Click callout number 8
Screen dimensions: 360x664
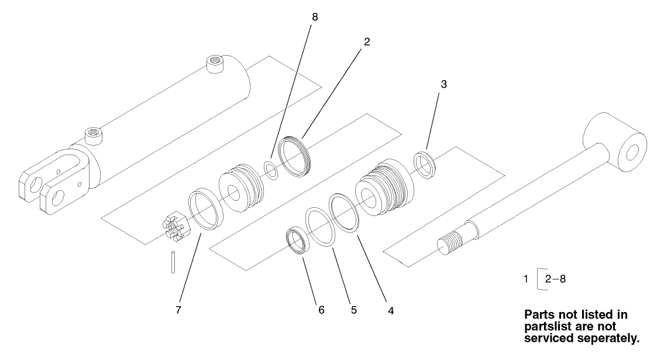pos(315,17)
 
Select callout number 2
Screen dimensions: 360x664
pos(367,42)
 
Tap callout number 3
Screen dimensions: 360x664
pos(444,84)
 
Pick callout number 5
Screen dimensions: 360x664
pos(354,310)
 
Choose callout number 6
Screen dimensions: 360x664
pos(321,310)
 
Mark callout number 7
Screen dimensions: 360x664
pos(178,310)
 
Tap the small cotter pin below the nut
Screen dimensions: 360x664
pos(173,260)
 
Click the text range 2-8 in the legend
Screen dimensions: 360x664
pos(555,279)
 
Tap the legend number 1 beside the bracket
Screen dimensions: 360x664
pos(527,279)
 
